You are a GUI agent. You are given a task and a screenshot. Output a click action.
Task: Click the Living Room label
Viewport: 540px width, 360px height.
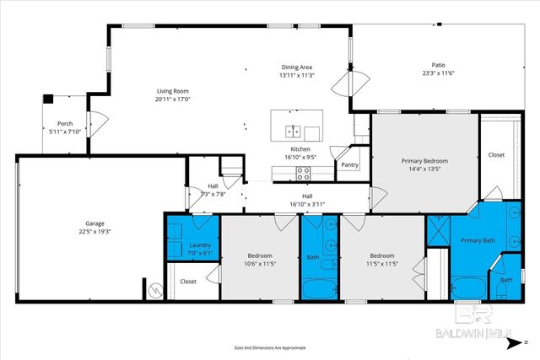pos(171,90)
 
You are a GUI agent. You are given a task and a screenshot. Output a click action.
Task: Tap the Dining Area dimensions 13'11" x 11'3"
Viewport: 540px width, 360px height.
pos(296,75)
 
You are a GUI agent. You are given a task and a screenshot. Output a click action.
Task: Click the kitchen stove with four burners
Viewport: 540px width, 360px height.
pos(304,175)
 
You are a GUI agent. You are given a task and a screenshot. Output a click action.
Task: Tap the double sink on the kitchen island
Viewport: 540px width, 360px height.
pos(293,132)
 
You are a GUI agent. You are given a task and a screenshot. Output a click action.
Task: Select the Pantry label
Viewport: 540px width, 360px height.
pos(349,164)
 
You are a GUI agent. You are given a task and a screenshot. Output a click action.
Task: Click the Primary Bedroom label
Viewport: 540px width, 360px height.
pos(424,160)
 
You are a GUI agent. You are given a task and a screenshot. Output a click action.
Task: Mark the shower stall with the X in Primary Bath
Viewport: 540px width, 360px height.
pos(437,228)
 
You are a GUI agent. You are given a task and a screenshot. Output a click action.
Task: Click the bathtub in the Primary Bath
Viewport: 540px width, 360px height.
pos(469,287)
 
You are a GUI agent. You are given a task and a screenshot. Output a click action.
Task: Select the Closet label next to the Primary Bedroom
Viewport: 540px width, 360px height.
pos(496,155)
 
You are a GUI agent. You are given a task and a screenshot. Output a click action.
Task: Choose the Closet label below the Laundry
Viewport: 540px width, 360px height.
pos(188,281)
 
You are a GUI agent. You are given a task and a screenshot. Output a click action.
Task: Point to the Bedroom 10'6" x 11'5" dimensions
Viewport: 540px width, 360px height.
pos(259,263)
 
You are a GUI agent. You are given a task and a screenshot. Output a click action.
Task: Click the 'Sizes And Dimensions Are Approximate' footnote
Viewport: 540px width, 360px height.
pos(269,347)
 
